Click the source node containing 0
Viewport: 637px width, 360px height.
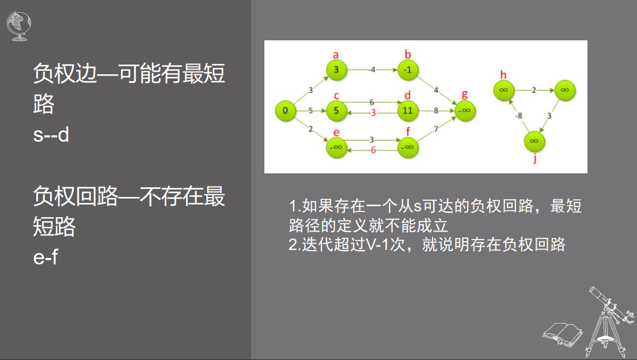pos(286,111)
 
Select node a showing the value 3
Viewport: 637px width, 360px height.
pos(336,70)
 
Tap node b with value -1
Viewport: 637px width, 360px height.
pos(407,70)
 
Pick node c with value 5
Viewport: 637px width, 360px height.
pos(336,111)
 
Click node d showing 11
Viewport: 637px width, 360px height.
pos(407,111)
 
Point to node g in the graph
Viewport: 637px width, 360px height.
pos(465,111)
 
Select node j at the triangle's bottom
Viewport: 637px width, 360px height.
pos(534,141)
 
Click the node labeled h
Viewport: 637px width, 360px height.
pos(504,90)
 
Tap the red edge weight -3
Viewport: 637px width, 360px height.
pos(371,113)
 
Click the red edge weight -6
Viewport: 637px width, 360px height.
pos(371,150)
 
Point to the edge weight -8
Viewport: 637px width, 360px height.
pos(518,116)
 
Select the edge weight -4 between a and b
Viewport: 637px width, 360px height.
pos(371,70)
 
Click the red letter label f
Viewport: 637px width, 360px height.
pos(408,131)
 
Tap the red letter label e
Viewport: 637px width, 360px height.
pos(336,132)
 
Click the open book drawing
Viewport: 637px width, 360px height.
pos(563,335)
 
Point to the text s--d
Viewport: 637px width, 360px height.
pos(51,134)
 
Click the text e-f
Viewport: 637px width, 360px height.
pos(45,257)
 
